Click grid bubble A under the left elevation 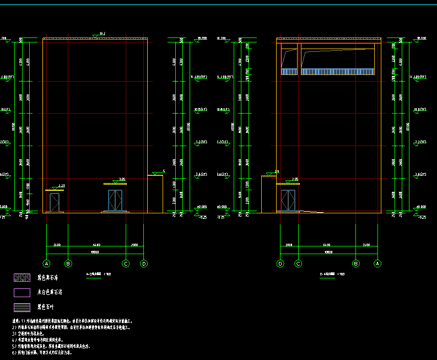47,264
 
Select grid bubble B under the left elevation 68,264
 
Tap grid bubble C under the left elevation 126,264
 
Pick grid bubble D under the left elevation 144,264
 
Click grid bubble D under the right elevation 280,264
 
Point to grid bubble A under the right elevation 377,264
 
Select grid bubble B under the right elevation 356,264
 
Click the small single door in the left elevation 54,202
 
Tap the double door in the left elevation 115,200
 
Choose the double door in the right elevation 288,200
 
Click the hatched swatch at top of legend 22,278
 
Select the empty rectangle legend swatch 22,293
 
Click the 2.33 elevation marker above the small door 61,186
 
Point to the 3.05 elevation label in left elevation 122,179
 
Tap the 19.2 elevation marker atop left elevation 102,34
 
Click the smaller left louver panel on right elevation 289,72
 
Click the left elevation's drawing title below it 99,273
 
